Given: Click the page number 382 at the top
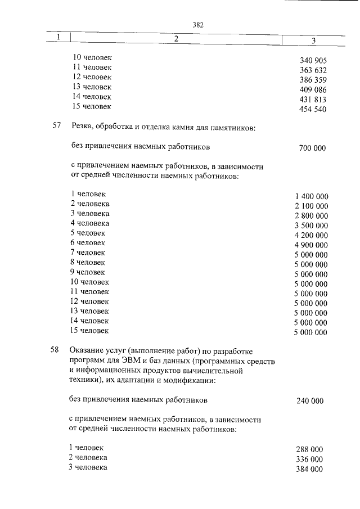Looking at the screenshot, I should coord(197,25).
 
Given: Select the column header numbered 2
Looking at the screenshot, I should coord(176,39).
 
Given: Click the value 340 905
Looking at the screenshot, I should coord(313,60).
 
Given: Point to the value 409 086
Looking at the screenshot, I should coord(313,89).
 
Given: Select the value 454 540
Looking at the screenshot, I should coord(313,109).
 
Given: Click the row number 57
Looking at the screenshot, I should coord(56,127).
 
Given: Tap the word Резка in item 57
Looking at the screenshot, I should coord(81,128).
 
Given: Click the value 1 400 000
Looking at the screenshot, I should coord(311,196).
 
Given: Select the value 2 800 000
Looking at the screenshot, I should coord(311,216).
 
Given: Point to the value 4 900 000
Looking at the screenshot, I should coord(311,245).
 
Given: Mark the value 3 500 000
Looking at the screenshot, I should coord(311,226).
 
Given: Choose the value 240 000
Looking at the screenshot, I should coord(309,401).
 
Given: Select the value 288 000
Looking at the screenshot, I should coord(309,449).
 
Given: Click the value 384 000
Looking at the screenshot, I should coord(309,470).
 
